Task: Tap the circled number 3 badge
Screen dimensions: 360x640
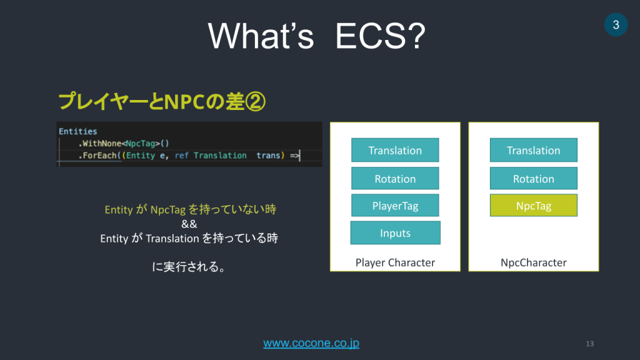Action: (616, 25)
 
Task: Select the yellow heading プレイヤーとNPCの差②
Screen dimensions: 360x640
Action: (161, 102)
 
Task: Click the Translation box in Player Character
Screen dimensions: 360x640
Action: (395, 150)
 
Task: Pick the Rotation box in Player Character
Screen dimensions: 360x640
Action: (395, 179)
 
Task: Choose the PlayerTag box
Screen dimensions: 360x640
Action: (395, 206)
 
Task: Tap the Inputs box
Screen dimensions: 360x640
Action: (395, 233)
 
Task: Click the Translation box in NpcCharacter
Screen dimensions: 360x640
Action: (533, 150)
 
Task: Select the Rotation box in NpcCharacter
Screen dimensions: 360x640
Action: (533, 179)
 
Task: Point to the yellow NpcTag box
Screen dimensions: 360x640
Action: (533, 206)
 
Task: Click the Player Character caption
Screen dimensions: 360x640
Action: (395, 262)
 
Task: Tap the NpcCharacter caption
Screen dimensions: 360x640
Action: (533, 262)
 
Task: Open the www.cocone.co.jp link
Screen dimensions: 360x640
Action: (311, 343)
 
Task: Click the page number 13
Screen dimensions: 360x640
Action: (589, 344)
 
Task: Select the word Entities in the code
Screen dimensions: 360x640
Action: (78, 131)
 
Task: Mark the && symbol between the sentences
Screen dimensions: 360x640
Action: (189, 224)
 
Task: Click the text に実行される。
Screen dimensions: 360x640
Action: (189, 267)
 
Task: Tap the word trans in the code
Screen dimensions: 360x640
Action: (269, 155)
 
